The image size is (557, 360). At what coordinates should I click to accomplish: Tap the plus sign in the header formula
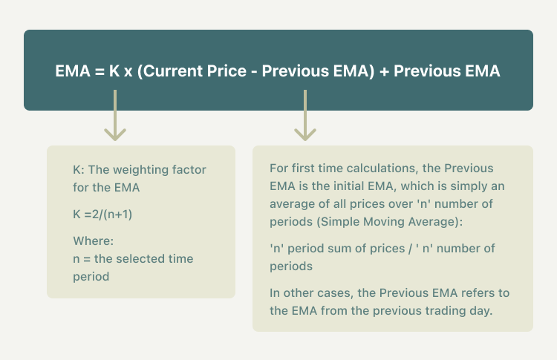pos(384,72)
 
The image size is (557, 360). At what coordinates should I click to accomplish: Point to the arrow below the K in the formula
pos(115,115)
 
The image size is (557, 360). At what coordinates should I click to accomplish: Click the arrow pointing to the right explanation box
pos(305,115)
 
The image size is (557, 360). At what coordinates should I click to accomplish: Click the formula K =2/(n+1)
pos(102,215)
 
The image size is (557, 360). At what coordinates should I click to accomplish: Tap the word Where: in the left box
pos(93,241)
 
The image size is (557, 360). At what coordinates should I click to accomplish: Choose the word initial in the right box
pos(348,186)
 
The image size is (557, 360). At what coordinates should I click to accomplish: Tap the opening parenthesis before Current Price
pos(140,71)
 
